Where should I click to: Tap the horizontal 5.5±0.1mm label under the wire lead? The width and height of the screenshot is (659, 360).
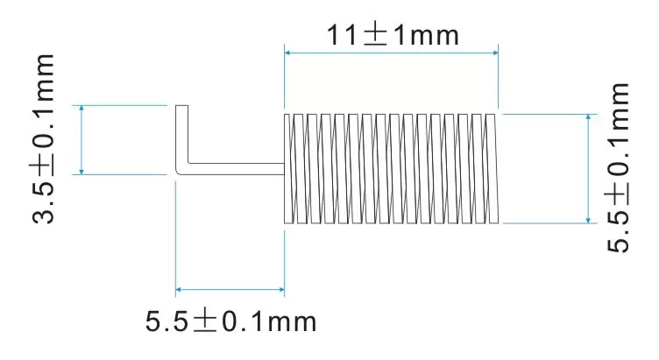coord(230,321)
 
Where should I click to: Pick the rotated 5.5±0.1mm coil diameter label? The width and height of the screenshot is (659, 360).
coord(618,167)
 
